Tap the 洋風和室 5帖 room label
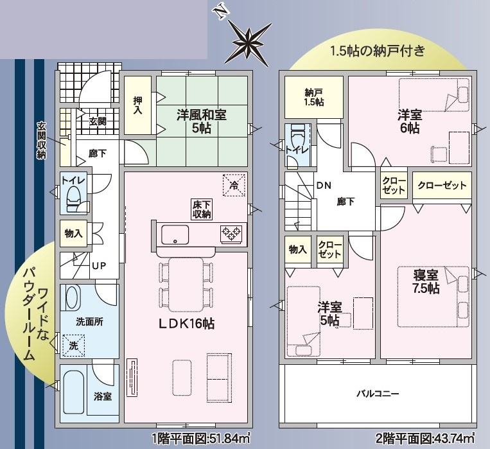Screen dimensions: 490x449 (x=201, y=121)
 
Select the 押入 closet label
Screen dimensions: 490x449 (x=137, y=105)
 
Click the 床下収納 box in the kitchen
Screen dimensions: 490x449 (x=202, y=209)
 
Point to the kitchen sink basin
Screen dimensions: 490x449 (x=175, y=235)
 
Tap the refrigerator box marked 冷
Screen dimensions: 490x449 (x=234, y=185)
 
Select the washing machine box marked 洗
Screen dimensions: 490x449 (x=73, y=346)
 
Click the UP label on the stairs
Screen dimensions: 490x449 (x=99, y=266)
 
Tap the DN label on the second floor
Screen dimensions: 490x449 (x=324, y=186)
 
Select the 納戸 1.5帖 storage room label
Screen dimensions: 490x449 (x=314, y=97)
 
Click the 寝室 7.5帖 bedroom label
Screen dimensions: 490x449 (x=426, y=282)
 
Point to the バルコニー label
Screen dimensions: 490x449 (x=378, y=393)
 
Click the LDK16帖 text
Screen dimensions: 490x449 (x=186, y=324)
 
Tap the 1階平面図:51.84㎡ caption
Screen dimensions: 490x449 (x=201, y=439)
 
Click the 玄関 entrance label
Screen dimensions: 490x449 (x=98, y=121)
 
